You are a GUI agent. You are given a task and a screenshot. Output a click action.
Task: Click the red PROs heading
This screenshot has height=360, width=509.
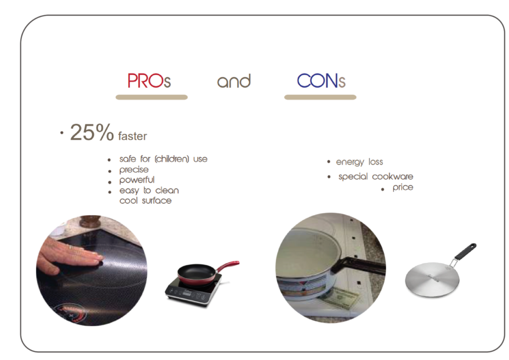pos(149,81)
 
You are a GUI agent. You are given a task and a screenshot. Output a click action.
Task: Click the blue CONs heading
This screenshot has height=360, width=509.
pos(321,81)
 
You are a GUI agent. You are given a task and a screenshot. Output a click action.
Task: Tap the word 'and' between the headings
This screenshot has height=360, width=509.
pos(234,81)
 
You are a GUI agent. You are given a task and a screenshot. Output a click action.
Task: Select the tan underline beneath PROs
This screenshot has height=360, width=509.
pos(152,97)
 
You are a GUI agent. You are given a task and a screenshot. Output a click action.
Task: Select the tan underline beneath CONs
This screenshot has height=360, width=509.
pos(321,97)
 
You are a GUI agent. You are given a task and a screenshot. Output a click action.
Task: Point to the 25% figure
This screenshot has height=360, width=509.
pos(92,132)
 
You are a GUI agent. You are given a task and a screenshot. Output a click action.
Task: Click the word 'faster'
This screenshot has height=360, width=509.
pos(132,136)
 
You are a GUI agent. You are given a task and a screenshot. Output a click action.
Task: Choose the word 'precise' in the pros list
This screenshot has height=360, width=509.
pos(134,170)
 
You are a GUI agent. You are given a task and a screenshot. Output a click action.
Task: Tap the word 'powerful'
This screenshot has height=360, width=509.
pos(137,180)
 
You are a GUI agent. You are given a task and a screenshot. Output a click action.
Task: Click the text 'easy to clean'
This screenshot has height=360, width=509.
pos(149,190)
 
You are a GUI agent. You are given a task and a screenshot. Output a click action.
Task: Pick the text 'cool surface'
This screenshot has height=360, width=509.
pos(146,200)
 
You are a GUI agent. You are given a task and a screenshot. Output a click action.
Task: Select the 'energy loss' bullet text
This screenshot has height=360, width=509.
pos(359,162)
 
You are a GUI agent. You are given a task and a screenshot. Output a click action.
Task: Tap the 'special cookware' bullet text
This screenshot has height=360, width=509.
pos(376,177)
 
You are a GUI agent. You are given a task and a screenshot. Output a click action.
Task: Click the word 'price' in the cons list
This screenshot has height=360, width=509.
pos(403,187)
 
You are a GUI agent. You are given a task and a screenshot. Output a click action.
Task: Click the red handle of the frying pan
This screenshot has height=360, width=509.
pos(228,266)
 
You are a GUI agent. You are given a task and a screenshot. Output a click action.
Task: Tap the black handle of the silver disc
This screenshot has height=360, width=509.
pos(465,252)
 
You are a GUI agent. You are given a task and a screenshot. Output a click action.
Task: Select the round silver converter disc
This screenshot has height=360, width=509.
pos(432,279)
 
